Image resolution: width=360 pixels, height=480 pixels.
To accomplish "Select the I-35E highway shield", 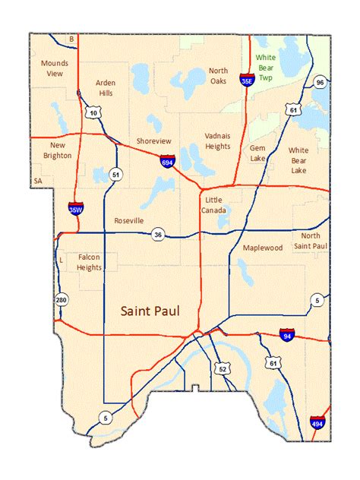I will [x=247, y=79].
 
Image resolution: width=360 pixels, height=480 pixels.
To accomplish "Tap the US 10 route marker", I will [x=93, y=112].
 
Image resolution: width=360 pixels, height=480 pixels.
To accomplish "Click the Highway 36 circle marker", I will [x=157, y=235].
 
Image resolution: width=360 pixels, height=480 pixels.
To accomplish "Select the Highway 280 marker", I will [x=62, y=302].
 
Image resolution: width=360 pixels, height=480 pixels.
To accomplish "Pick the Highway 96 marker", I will [x=321, y=82].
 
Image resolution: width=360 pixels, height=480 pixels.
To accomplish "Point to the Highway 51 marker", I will [x=115, y=174].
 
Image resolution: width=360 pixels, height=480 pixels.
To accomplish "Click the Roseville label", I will [x=129, y=220].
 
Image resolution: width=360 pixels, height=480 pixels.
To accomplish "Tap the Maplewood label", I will [x=262, y=248].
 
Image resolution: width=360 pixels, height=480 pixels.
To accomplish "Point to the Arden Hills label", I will [x=105, y=88].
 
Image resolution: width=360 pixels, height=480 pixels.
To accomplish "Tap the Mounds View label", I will [x=54, y=68].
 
